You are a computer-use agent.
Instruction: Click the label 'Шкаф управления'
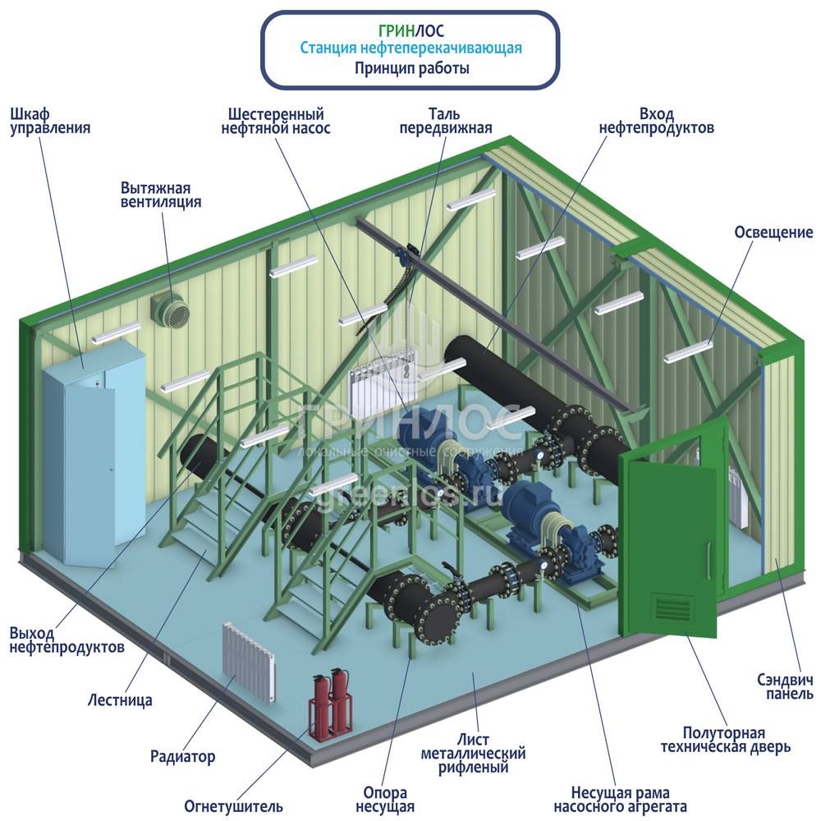(49, 121)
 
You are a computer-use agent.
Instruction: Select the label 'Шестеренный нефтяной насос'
(277, 121)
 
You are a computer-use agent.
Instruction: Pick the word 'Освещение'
(773, 232)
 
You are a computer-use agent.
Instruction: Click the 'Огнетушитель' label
(233, 805)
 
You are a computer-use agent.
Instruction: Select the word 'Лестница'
(120, 700)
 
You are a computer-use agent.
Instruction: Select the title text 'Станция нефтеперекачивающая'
(410, 49)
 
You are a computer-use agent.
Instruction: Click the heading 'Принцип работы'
(410, 69)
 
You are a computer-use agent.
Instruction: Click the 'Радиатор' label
(182, 756)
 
